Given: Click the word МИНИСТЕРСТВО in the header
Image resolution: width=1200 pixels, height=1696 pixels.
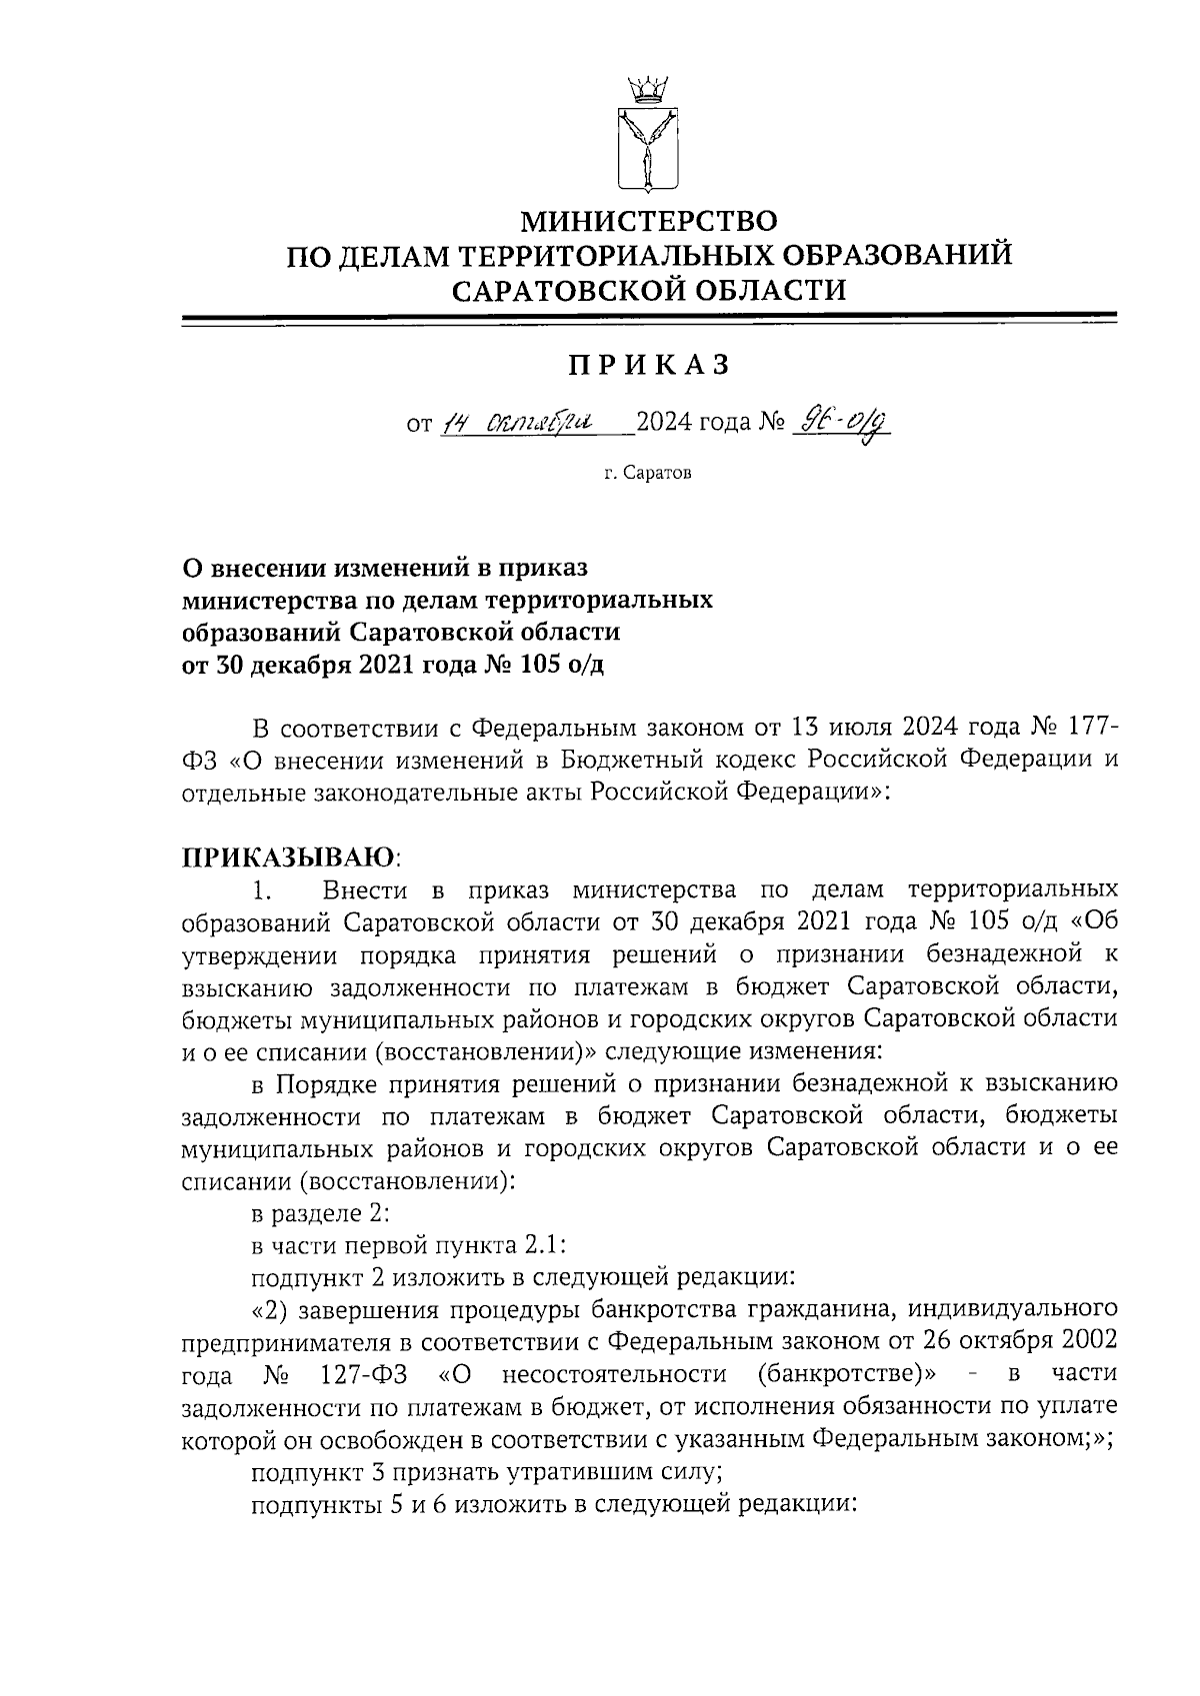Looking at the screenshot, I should [x=650, y=219].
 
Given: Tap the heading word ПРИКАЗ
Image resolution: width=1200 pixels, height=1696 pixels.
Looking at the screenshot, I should [x=650, y=366].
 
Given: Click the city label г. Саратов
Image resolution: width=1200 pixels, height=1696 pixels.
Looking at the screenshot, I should [x=648, y=473].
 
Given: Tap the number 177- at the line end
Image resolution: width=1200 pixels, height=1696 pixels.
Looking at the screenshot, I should [x=1085, y=725].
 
